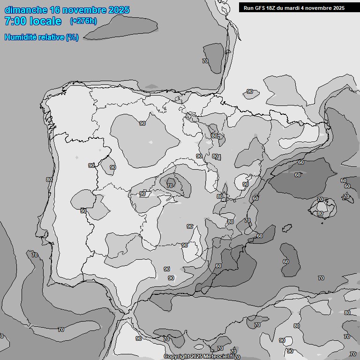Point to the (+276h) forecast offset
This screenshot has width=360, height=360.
coord(83,21)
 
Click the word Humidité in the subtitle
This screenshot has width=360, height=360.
coord(21,37)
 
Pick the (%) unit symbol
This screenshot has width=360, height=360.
coord(72,37)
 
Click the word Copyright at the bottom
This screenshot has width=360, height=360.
coord(176,357)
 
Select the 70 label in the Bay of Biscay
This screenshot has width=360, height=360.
coord(205,61)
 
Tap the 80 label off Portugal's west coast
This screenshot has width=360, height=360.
coord(49,180)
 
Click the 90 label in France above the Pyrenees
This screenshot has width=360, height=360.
coord(250,92)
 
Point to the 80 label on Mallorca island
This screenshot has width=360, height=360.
coord(320,214)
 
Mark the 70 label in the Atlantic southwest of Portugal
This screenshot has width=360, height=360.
coord(35,255)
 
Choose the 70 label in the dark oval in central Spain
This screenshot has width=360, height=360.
coord(170,186)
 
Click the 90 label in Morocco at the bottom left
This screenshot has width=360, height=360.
coord(138,338)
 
